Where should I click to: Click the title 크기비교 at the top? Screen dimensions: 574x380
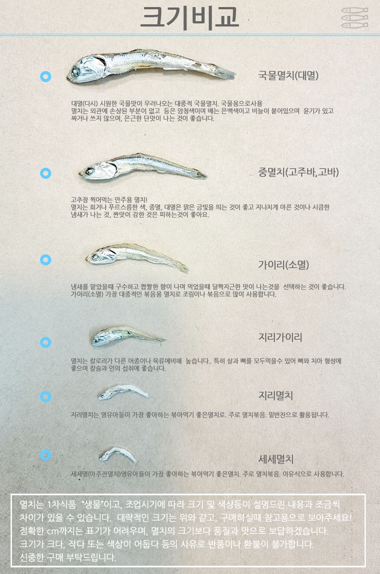click(x=190, y=18)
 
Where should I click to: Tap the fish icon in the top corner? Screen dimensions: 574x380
click(x=354, y=18)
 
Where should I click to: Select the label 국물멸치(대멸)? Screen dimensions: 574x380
click(x=288, y=76)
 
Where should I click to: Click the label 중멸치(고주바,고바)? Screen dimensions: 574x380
click(x=298, y=172)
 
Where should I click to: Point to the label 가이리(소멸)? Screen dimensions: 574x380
click(x=283, y=265)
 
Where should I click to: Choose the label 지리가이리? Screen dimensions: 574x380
click(x=280, y=338)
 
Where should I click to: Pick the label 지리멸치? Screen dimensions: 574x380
click(x=275, y=396)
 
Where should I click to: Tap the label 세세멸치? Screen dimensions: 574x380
click(x=276, y=459)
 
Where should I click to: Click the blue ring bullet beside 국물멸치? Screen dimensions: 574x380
click(x=46, y=77)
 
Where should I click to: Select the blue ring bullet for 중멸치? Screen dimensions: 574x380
click(x=46, y=173)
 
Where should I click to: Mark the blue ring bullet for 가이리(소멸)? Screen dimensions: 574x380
click(x=46, y=260)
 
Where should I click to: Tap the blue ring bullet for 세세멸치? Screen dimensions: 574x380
click(x=46, y=455)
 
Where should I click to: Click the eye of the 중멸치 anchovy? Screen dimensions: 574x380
click(x=90, y=171)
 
